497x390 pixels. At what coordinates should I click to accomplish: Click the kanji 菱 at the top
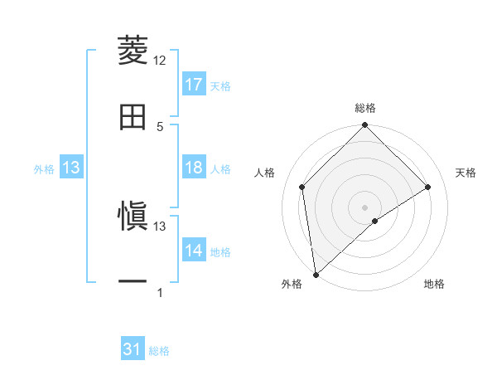point(133,51)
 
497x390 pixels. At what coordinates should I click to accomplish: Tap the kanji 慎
point(133,217)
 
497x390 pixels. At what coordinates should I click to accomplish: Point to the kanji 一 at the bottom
point(133,283)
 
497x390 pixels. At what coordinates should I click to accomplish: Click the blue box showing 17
point(194,85)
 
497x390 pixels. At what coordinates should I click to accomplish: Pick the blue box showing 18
point(194,168)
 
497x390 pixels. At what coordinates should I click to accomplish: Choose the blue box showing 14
point(194,251)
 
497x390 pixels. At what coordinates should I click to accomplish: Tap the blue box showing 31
point(133,350)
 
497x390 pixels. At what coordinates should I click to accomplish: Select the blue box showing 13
point(71,168)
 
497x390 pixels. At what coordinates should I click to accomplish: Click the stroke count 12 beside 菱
point(160,61)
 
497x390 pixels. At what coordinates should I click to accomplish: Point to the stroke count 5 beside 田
point(160,126)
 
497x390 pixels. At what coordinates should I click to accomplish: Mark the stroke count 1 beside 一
point(160,293)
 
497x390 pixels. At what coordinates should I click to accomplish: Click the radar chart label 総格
point(365,108)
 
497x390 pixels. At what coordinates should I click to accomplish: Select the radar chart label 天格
point(466,173)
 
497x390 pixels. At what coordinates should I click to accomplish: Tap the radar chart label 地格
point(434,284)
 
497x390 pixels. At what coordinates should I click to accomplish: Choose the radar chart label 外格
point(292,284)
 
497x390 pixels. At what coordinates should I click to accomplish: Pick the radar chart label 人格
point(265,173)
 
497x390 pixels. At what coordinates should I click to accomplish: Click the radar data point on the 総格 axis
point(365,126)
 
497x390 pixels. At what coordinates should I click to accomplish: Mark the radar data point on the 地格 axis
point(375,221)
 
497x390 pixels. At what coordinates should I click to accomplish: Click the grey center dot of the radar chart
point(365,207)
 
